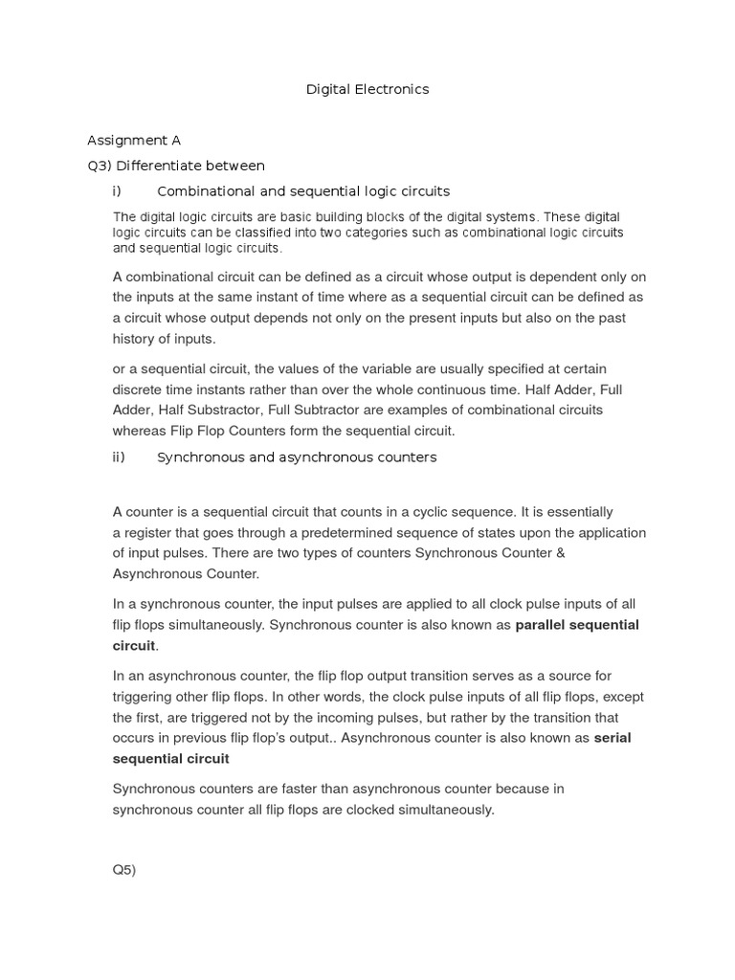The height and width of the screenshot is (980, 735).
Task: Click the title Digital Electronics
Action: pyautogui.click(x=367, y=89)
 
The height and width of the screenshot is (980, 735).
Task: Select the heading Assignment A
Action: pyautogui.click(x=134, y=140)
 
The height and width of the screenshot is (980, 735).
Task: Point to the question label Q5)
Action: pyautogui.click(x=124, y=870)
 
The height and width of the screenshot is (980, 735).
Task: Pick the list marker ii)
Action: pyautogui.click(x=119, y=457)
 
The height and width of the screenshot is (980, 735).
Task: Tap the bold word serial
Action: pyautogui.click(x=612, y=738)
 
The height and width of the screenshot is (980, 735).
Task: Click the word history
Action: pyautogui.click(x=136, y=338)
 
